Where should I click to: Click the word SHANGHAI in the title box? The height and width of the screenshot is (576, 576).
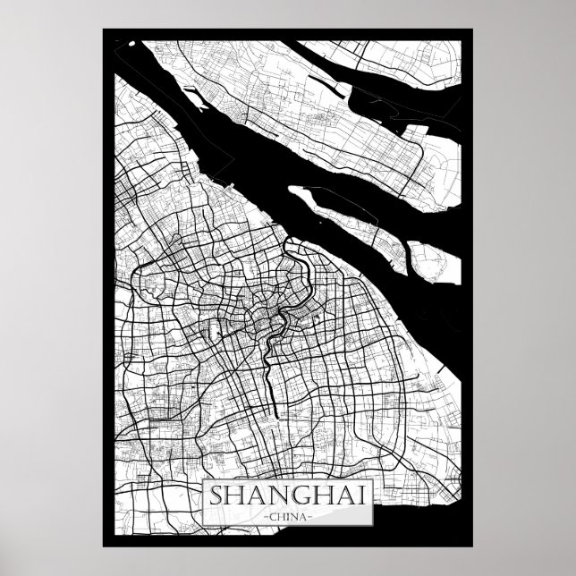pyautogui.click(x=288, y=496)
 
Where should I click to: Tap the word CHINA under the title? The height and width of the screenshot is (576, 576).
pyautogui.click(x=288, y=516)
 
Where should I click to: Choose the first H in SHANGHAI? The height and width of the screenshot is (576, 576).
pyautogui.click(x=236, y=496)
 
